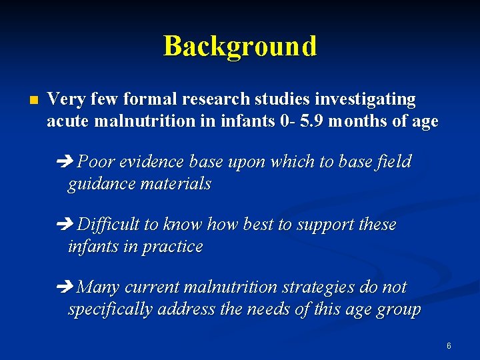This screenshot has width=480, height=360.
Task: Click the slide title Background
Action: point(240,46)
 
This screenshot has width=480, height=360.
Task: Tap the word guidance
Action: point(99,184)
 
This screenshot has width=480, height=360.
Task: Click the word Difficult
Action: point(108,225)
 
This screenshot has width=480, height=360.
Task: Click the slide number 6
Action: point(449,345)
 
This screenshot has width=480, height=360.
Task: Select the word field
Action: point(393,162)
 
